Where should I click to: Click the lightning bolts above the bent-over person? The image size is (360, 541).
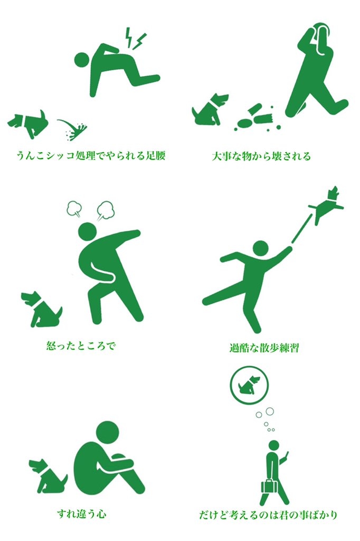[x=135, y=38]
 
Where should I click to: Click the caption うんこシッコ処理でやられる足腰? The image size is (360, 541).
[x=91, y=155]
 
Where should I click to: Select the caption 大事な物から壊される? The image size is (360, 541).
[x=261, y=156]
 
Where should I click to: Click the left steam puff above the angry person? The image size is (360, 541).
[x=74, y=209]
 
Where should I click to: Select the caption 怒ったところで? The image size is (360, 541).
[x=81, y=345]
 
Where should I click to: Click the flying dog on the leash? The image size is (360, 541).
[x=327, y=205]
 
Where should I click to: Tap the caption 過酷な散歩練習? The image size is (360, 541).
[x=264, y=347]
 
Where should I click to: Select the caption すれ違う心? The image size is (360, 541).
[x=82, y=514]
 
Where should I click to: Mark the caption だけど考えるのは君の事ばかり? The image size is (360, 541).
[x=268, y=515]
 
